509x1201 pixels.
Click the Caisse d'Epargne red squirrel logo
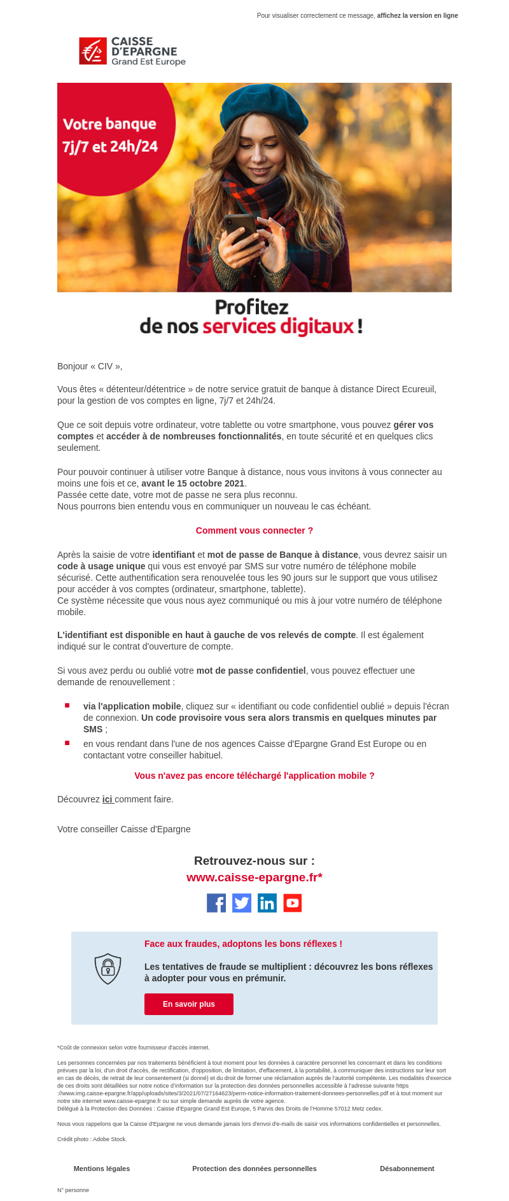93,51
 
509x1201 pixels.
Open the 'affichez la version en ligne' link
417,15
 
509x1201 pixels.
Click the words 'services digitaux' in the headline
277,327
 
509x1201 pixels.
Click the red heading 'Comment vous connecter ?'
254,530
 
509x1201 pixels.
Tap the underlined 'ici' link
108,799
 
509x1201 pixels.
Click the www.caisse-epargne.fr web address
254,878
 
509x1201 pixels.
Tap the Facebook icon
216,903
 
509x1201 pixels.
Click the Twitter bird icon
242,903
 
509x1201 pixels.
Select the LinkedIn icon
267,903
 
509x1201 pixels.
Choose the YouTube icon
293,903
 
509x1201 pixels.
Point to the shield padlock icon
108,969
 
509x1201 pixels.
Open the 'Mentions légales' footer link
102,1169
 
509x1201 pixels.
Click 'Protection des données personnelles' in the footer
254,1169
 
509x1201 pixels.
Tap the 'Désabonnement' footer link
407,1169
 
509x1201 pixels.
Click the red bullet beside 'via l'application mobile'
67,706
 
